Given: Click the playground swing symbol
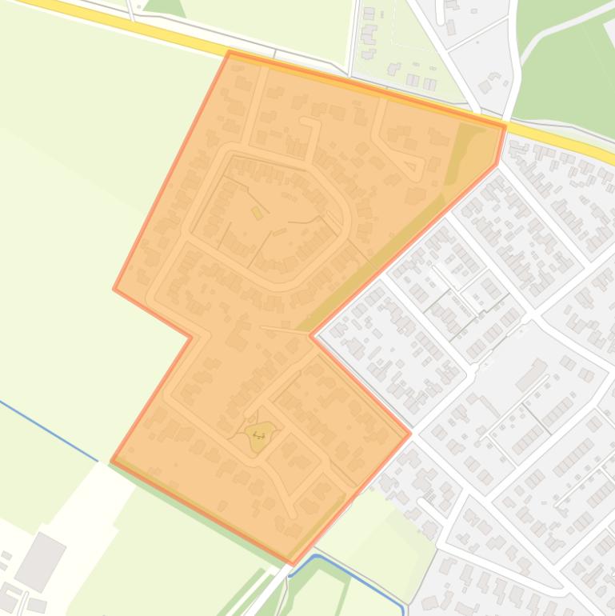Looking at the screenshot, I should pyautogui.click(x=258, y=434).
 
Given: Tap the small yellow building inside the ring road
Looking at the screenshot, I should pyautogui.click(x=257, y=212).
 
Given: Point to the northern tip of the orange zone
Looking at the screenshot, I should pyautogui.click(x=230, y=52).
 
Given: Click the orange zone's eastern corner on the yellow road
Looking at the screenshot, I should pyautogui.click(x=505, y=126).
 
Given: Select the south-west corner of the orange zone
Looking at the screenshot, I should pyautogui.click(x=111, y=462).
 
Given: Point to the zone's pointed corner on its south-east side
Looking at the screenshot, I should pyautogui.click(x=410, y=434).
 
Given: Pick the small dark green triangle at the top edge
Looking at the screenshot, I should pyautogui.click(x=165, y=7).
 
